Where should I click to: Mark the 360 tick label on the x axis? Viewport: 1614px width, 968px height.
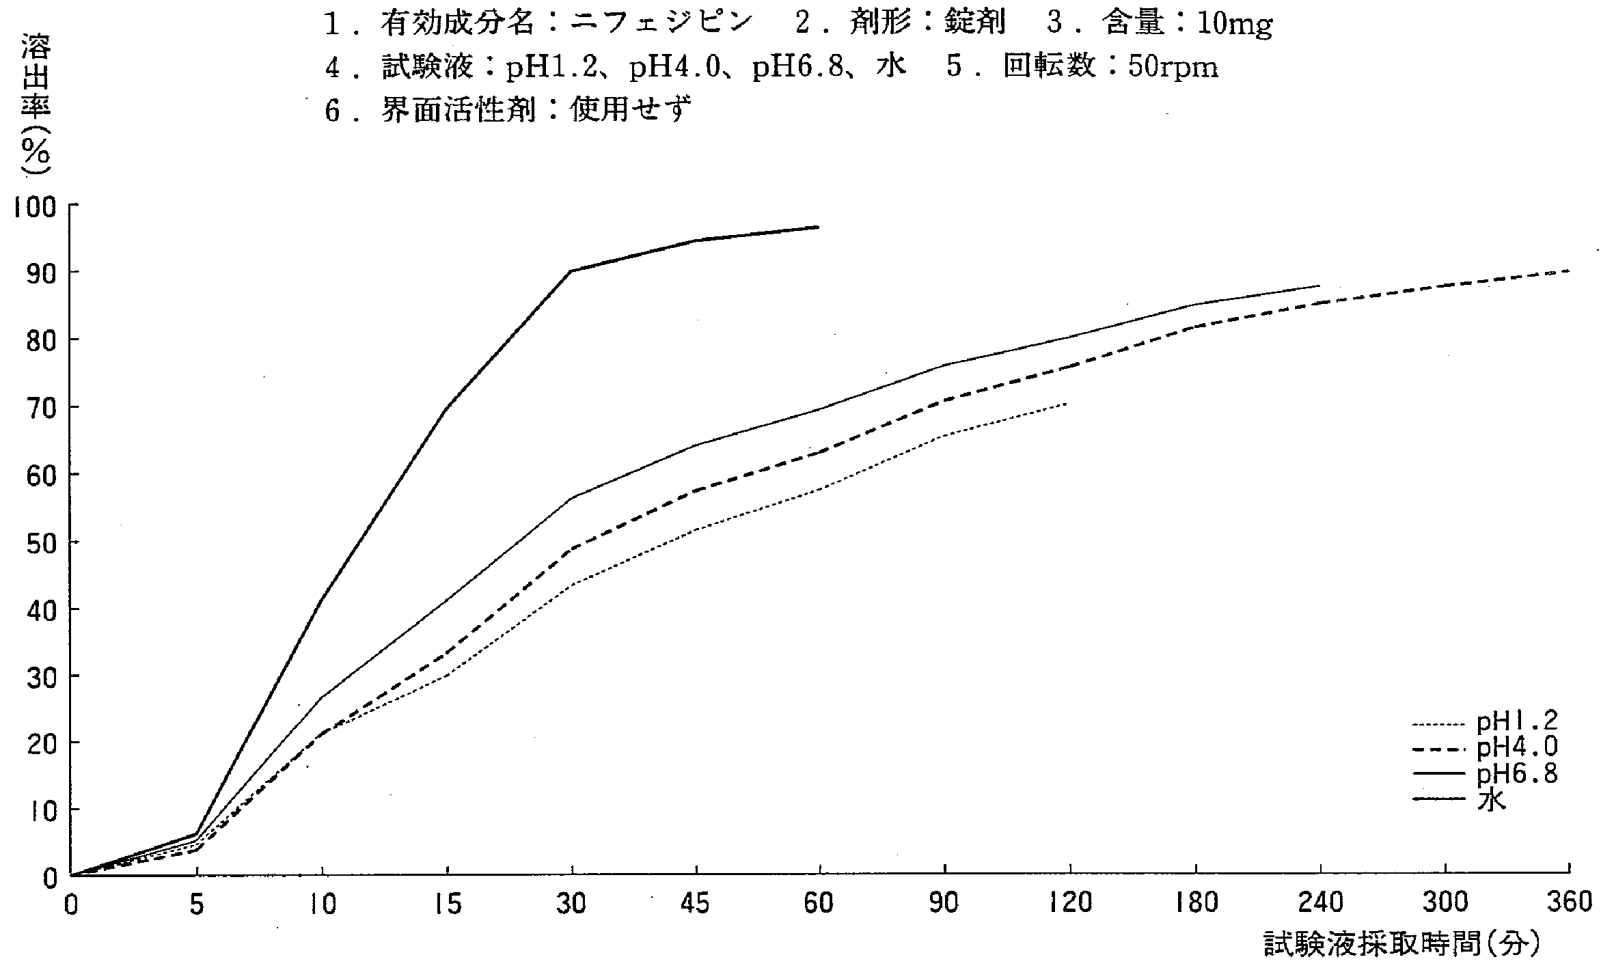click(1568, 903)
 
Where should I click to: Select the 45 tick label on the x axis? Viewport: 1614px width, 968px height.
click(696, 904)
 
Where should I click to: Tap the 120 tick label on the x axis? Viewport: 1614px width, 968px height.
click(1069, 903)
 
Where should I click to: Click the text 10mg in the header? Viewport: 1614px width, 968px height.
click(1234, 25)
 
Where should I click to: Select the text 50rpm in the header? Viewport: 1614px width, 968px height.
click(1172, 67)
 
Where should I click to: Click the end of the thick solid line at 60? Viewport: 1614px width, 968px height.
click(819, 227)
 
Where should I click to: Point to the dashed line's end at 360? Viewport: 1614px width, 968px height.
click(1568, 271)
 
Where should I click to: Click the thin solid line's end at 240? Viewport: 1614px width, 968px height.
click(1319, 286)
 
